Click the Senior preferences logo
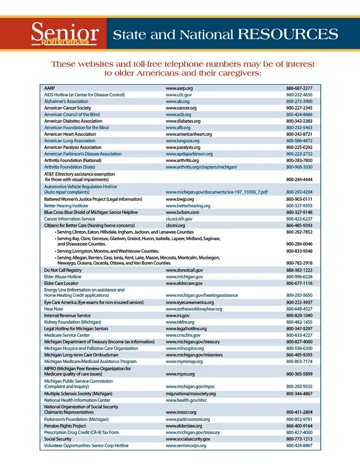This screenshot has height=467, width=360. (x=64, y=34)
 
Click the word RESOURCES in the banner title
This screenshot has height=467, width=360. (x=288, y=34)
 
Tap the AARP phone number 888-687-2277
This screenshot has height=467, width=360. (x=299, y=88)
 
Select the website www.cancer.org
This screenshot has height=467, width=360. (x=181, y=108)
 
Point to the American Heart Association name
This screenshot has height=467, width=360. (x=70, y=134)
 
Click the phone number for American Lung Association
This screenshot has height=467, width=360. (x=299, y=141)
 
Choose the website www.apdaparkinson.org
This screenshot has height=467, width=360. (x=189, y=154)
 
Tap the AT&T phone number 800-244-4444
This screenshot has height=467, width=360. (x=299, y=180)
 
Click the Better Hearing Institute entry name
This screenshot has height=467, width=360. (x=66, y=206)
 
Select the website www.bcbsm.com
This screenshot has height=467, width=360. (x=182, y=212)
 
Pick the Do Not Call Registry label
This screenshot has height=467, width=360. (x=63, y=270)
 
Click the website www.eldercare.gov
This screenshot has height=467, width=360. (x=184, y=284)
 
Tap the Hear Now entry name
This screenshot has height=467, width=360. (x=54, y=309)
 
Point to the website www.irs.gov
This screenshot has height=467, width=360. (x=177, y=316)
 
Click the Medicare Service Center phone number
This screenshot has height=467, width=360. (x=299, y=335)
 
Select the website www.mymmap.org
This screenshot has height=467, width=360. (x=184, y=362)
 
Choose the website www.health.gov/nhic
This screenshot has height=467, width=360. (x=186, y=400)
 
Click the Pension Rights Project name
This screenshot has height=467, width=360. (x=65, y=426)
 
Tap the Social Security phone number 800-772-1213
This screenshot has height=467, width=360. (x=299, y=439)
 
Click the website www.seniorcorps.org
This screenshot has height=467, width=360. (x=186, y=446)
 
